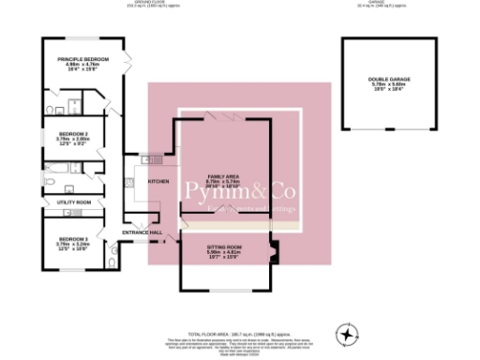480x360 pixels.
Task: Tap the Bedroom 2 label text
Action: tap(60, 134)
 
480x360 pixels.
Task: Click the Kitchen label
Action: tap(157, 182)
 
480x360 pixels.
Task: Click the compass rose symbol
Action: tap(347, 333)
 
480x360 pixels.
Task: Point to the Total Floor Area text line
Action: tap(238, 334)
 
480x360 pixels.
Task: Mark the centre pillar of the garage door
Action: tap(380, 129)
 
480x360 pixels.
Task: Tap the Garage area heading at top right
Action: tap(380, 4)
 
